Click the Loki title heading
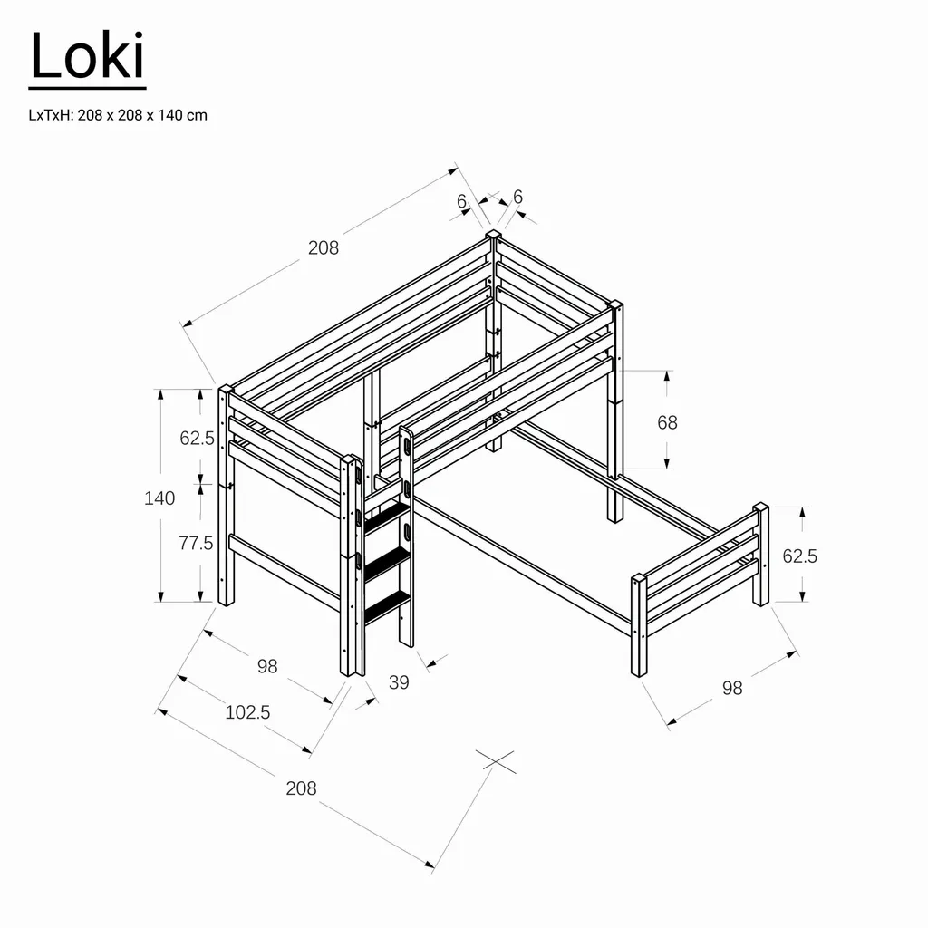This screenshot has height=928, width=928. click(x=87, y=56)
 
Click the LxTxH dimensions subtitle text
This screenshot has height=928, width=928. click(x=118, y=115)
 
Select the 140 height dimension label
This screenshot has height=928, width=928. click(x=159, y=498)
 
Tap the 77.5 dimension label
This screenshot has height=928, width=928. click(x=196, y=543)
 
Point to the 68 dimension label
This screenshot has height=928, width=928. click(x=667, y=422)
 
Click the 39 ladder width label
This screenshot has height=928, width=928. click(x=399, y=683)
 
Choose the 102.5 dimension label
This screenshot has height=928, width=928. click(x=247, y=712)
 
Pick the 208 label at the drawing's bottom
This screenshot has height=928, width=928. click(x=301, y=788)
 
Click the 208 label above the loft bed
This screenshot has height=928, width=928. click(x=324, y=247)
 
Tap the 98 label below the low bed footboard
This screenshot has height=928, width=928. click(x=732, y=688)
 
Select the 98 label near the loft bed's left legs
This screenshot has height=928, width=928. click(x=266, y=666)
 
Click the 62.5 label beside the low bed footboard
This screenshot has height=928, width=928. click(x=800, y=556)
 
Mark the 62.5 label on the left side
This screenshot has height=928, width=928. click(x=197, y=439)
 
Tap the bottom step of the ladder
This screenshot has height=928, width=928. click(x=387, y=605)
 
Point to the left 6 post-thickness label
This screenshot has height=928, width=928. click(x=461, y=201)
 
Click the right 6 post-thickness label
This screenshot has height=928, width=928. click(x=517, y=197)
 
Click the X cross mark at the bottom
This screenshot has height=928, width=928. click(x=496, y=760)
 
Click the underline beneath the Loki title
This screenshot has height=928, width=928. click(x=87, y=89)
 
